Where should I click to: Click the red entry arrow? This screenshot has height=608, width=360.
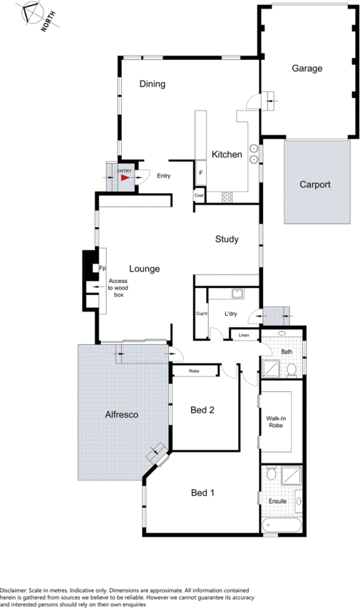(125, 177)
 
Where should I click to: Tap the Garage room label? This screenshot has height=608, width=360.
(307, 68)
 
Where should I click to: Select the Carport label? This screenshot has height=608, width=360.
(315, 185)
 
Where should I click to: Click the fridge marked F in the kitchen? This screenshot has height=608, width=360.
(200, 172)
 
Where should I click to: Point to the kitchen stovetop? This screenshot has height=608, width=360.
(227, 197)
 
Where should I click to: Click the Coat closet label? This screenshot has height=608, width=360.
(199, 195)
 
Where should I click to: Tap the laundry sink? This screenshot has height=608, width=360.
(237, 294)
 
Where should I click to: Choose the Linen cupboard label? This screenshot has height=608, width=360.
(244, 335)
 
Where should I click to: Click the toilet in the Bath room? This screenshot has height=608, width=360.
(292, 370)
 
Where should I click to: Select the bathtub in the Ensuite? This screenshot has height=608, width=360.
(282, 526)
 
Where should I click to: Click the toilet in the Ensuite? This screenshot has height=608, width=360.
(271, 473)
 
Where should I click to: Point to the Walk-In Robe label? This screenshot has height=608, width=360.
(276, 422)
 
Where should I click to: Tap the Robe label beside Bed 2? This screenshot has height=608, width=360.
(194, 371)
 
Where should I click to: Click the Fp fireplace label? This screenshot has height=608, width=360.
(103, 268)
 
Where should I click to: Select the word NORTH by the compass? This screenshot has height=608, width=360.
(48, 21)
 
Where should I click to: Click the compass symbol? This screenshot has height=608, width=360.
(31, 12)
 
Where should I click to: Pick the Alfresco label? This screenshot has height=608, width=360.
(121, 415)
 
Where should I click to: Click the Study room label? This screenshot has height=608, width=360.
(227, 239)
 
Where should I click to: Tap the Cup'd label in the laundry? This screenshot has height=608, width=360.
(201, 314)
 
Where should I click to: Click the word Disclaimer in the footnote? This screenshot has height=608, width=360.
(13, 590)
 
